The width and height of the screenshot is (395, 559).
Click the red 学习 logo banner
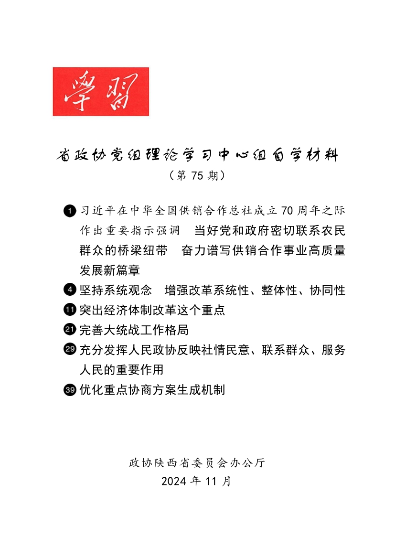tap(101, 91)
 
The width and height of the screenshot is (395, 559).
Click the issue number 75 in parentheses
tap(197, 176)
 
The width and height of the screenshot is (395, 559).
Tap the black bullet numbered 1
tap(69, 210)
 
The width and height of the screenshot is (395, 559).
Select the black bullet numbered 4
tap(69, 290)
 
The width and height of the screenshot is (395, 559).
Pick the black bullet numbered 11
tap(69, 310)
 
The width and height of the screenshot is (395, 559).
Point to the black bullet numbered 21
tap(69, 330)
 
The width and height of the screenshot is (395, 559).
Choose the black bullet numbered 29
tap(69, 350)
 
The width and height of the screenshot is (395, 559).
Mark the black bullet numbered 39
tap(69, 390)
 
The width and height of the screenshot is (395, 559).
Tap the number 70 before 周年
tap(290, 210)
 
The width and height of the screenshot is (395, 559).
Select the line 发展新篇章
tap(109, 270)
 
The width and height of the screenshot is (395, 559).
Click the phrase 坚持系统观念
tap(116, 290)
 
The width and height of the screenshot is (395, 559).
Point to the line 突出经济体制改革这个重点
tap(152, 310)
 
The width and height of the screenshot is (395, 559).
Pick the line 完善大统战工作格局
tap(134, 330)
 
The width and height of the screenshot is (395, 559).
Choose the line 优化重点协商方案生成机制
tap(152, 390)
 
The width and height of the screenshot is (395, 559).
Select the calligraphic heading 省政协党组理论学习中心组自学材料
tap(197, 156)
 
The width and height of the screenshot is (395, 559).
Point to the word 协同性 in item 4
tap(327, 290)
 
